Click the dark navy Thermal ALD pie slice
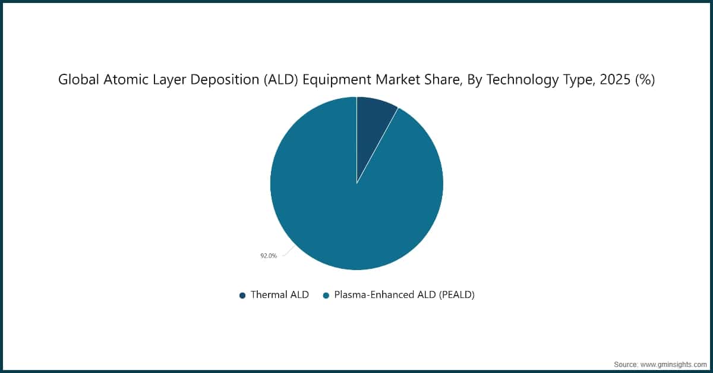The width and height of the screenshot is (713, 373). (x=373, y=128)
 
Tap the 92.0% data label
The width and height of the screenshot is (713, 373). (x=269, y=256)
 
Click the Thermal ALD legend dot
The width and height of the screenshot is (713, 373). (x=242, y=295)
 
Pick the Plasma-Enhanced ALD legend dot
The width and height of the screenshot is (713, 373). (x=326, y=295)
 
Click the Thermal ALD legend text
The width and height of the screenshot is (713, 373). (x=279, y=294)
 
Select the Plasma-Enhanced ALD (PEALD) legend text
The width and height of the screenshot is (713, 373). (x=404, y=294)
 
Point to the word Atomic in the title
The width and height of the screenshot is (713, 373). (x=123, y=80)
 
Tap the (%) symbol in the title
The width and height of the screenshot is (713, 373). (x=645, y=80)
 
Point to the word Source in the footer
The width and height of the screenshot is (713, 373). (x=626, y=363)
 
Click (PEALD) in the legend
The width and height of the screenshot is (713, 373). (x=456, y=294)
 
